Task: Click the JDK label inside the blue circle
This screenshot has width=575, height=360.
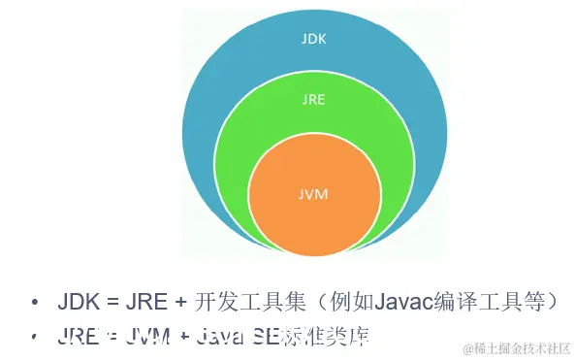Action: (313, 39)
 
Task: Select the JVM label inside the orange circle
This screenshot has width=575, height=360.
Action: (313, 194)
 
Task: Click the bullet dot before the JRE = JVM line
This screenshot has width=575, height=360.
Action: (36, 337)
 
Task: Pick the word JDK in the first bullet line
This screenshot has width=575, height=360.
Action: (79, 302)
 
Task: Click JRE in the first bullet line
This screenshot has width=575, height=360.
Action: (145, 302)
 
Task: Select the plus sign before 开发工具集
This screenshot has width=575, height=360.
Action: (180, 302)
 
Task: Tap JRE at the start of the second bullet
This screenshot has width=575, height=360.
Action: (79, 337)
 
